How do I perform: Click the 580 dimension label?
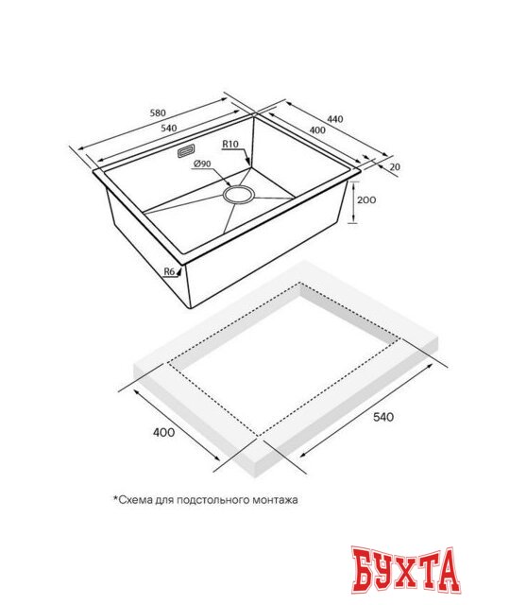coord(158,113)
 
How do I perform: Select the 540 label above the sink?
coord(168,129)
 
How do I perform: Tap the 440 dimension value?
coord(335,119)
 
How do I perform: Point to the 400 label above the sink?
coord(317,130)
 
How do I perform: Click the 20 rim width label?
coord(395,166)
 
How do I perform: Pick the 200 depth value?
coord(366,199)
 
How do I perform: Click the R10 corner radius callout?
coord(230,144)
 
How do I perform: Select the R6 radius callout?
coord(170,271)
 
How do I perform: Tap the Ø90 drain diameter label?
coord(202,164)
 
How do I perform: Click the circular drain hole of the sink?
coord(238,195)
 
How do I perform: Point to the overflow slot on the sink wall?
coord(186,151)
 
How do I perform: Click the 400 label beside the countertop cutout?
coord(163,432)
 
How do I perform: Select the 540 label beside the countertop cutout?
coord(383,417)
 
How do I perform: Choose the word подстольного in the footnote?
coord(213,500)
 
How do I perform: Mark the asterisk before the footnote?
coord(115,498)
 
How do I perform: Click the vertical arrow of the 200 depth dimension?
coord(352,202)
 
